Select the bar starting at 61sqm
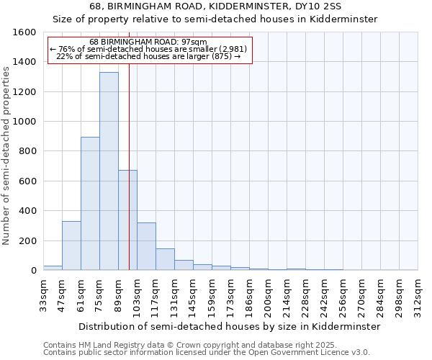[90, 204]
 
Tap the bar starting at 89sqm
[127, 220]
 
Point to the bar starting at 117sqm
[165, 259]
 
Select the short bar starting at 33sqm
[53, 268]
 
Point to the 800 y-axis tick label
[27, 151]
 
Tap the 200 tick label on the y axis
[27, 240]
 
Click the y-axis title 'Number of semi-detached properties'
[6, 151]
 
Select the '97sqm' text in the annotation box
[194, 42]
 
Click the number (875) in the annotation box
[220, 56]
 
